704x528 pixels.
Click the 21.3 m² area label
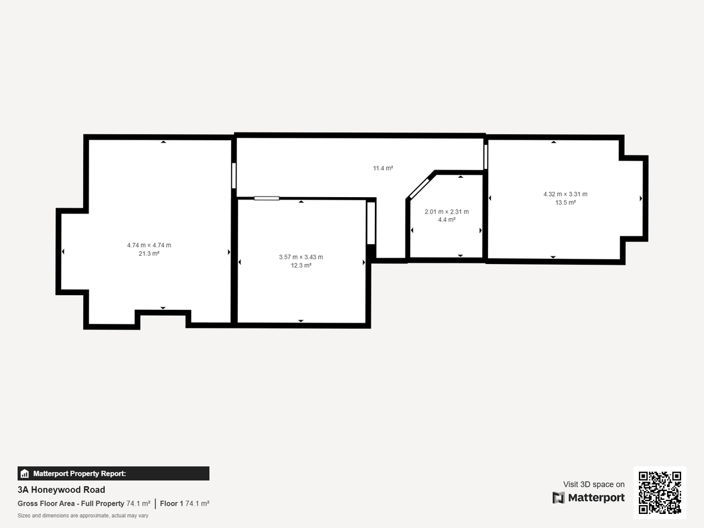click(x=149, y=254)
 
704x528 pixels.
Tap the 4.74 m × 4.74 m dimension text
click(x=149, y=245)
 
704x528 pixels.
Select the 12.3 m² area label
click(x=301, y=265)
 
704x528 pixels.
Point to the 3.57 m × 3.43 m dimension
click(x=301, y=257)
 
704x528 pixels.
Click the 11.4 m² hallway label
click(x=383, y=168)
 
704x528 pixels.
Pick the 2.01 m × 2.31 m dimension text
click(x=446, y=212)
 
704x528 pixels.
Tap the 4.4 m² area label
click(x=446, y=220)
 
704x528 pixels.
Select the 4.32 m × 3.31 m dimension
click(x=566, y=194)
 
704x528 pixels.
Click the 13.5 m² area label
click(x=566, y=202)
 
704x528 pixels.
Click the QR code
click(x=659, y=493)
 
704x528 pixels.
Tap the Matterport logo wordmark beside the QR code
click(x=588, y=497)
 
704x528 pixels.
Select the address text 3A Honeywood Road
click(x=62, y=490)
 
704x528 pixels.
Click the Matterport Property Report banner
click(x=113, y=473)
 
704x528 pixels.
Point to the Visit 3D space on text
click(x=594, y=485)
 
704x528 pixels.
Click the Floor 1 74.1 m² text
click(x=185, y=503)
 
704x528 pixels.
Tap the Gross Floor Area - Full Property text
click(x=71, y=503)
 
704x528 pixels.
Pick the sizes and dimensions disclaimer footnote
click(x=83, y=516)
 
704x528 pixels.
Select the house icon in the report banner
click(x=25, y=473)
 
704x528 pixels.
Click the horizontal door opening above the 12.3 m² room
click(x=266, y=198)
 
